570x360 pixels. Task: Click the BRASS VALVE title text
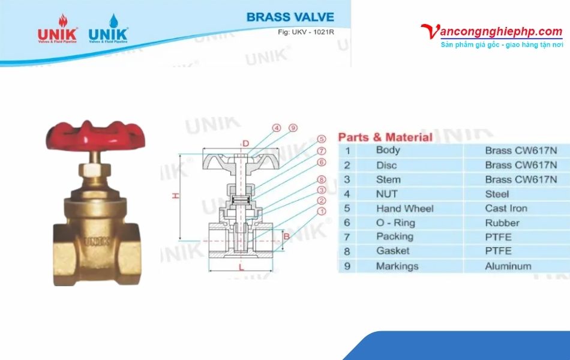tap(290, 17)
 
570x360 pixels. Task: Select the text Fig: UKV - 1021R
tap(306, 32)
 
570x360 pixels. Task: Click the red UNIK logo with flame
tap(58, 29)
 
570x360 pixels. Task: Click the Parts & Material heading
tap(385, 137)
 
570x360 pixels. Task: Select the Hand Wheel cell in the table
tap(404, 209)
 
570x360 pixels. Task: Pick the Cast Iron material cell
tap(506, 209)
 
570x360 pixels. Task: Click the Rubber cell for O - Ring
tap(502, 223)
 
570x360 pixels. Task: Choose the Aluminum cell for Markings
tap(508, 266)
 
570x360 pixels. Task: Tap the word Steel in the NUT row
tap(497, 194)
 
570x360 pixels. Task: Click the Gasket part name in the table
tap(392, 251)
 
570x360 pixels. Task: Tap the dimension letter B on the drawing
tap(286, 236)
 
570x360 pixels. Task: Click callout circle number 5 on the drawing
tap(322, 139)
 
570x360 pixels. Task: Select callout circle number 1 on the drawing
tap(322, 211)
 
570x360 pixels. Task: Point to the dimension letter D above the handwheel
tap(245, 143)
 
